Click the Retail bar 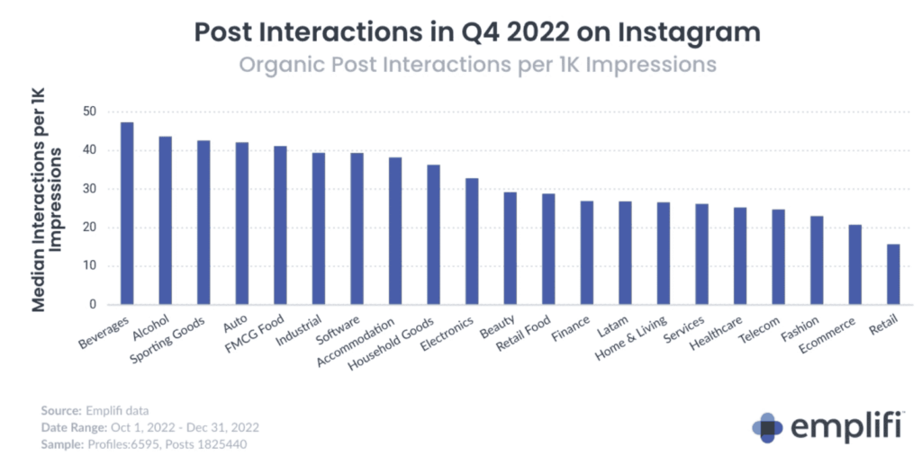pyautogui.click(x=892, y=274)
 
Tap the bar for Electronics pyautogui.click(x=472, y=242)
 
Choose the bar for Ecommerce pyautogui.click(x=854, y=264)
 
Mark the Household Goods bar pyautogui.click(x=433, y=235)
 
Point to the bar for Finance pyautogui.click(x=586, y=253)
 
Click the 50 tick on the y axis pyautogui.click(x=87, y=112)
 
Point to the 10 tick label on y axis pyautogui.click(x=87, y=266)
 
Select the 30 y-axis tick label pyautogui.click(x=87, y=189)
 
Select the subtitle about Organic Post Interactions pyautogui.click(x=478, y=65)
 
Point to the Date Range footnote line pyautogui.click(x=149, y=426)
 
